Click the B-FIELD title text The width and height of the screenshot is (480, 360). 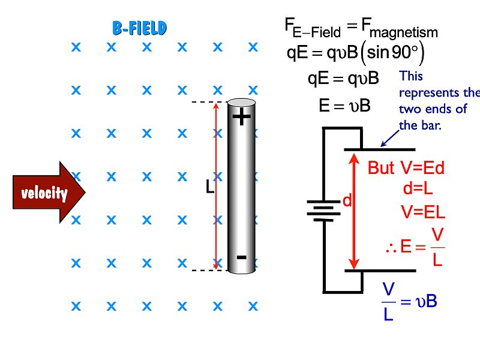(139, 28)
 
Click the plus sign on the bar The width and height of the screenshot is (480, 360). (241, 117)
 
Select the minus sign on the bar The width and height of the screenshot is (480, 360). (241, 257)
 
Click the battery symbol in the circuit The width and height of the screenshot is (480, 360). (323, 210)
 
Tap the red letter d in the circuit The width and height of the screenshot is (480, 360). (346, 202)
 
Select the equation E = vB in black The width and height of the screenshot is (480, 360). (344, 106)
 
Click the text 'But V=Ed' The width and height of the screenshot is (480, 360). (406, 169)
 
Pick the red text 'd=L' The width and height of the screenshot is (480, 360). (418, 189)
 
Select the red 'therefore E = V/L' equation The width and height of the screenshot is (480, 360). (416, 247)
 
